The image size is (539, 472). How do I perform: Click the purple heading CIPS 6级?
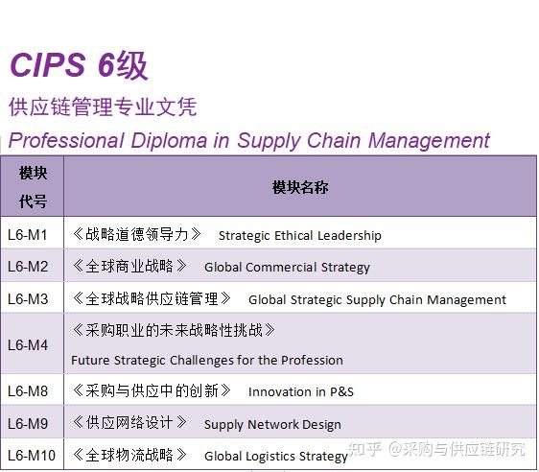pyautogui.click(x=78, y=65)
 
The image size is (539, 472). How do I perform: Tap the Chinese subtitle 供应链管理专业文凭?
pyautogui.click(x=103, y=106)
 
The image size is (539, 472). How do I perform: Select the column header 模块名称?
pyautogui.click(x=299, y=187)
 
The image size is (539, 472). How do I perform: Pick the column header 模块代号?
pyautogui.click(x=33, y=187)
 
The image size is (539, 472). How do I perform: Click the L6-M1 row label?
pyautogui.click(x=28, y=234)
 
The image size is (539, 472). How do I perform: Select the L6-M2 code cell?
pyautogui.click(x=28, y=267)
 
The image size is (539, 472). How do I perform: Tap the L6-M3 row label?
pyautogui.click(x=28, y=298)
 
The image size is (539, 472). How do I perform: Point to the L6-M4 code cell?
pyautogui.click(x=28, y=344)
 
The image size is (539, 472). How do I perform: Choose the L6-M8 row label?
pyautogui.click(x=28, y=390)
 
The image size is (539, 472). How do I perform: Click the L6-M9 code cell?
pyautogui.click(x=28, y=423)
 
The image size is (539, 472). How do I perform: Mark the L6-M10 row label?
pyautogui.click(x=32, y=455)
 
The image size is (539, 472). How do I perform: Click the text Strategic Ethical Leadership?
pyautogui.click(x=299, y=235)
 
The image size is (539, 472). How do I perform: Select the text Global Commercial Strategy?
pyautogui.click(x=287, y=268)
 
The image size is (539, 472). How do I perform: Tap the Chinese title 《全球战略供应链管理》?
pyautogui.click(x=152, y=298)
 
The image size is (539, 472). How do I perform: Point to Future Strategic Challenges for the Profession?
pyautogui.click(x=206, y=361)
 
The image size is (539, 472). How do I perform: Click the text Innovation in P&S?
pyautogui.click(x=300, y=391)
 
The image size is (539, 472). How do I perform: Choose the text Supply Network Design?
pyautogui.click(x=272, y=424)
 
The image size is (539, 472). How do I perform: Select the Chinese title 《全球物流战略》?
pyautogui.click(x=130, y=455)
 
